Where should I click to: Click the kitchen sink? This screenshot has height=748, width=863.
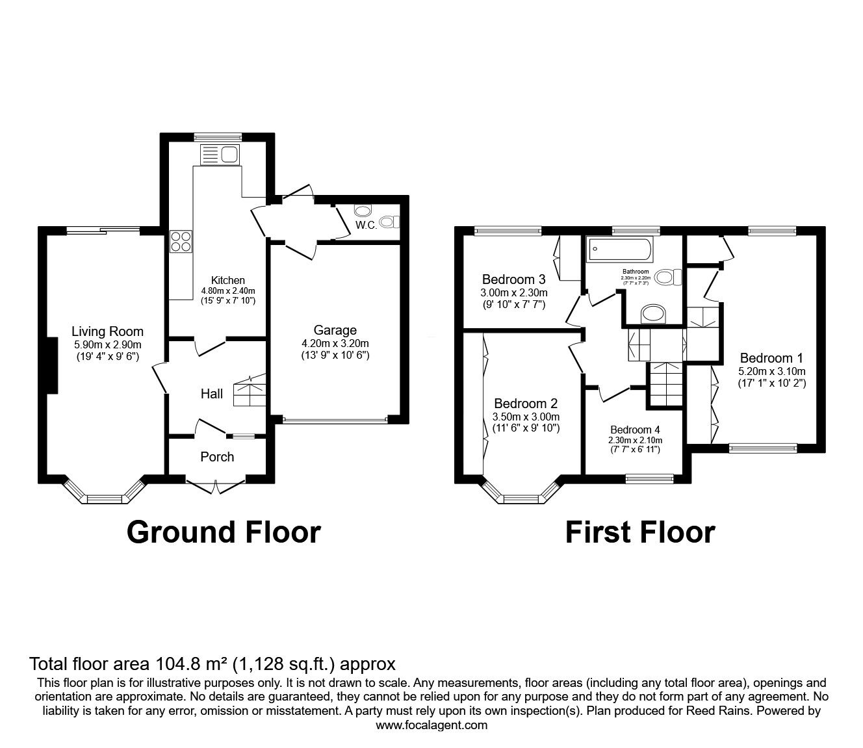pyautogui.click(x=220, y=154)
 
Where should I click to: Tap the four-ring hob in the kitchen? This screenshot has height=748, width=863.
pyautogui.click(x=181, y=241)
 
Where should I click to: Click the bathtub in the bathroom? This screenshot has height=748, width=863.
pyautogui.click(x=619, y=250)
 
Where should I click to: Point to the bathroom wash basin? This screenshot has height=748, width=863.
pyautogui.click(x=653, y=314)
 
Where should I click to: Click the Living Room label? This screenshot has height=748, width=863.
pyautogui.click(x=107, y=331)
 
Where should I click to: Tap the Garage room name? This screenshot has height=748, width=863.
pyautogui.click(x=335, y=330)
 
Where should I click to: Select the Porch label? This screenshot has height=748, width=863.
pyautogui.click(x=217, y=457)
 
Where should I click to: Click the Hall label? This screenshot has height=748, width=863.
pyautogui.click(x=212, y=394)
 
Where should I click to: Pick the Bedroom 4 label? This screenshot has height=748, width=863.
pyautogui.click(x=635, y=430)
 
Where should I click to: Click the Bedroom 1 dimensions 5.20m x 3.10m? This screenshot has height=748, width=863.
pyautogui.click(x=772, y=371)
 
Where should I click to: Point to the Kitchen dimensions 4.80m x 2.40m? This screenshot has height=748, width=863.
pyautogui.click(x=228, y=291)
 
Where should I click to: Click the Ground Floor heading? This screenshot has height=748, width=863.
pyautogui.click(x=224, y=532)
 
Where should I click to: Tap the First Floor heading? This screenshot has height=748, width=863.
pyautogui.click(x=640, y=532)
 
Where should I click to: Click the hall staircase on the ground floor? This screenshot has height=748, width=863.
pyautogui.click(x=250, y=391)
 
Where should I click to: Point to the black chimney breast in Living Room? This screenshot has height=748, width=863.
pyautogui.click(x=52, y=365)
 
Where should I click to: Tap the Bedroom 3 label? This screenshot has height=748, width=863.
pyautogui.click(x=513, y=279)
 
